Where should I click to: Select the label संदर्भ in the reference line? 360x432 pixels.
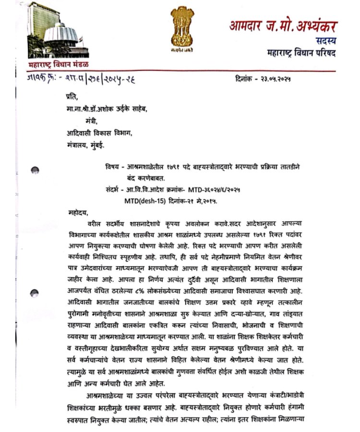113,189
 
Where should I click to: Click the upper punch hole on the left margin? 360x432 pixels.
35,170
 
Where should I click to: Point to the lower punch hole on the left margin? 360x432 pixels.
34,293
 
